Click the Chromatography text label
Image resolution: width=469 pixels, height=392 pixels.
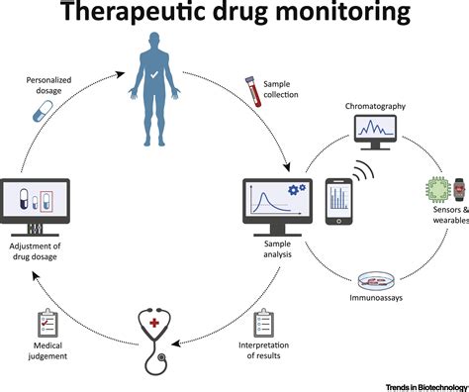pos(377,104)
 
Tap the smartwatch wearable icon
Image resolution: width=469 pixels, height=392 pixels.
pos(459,188)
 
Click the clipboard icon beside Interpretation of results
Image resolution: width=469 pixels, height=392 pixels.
pos(263,323)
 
